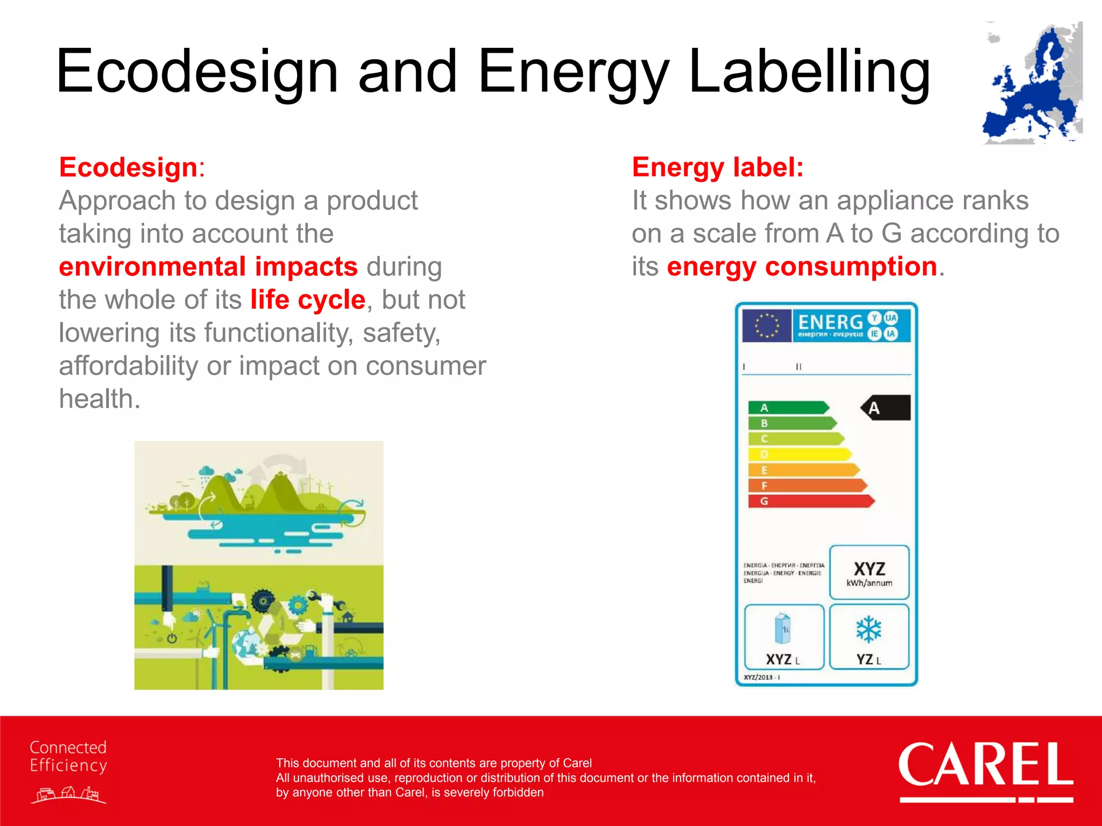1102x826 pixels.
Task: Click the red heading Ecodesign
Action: tap(128, 167)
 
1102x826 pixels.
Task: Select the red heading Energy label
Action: tap(717, 167)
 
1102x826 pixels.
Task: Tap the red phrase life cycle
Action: tap(307, 300)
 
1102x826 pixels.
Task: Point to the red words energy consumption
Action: tap(802, 267)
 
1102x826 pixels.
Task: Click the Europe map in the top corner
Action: tap(1032, 83)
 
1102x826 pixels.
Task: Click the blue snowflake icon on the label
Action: tap(868, 629)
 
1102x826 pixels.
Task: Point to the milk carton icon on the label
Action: tap(783, 629)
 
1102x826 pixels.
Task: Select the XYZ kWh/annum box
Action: tap(869, 573)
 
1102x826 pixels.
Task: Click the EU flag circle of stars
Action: tap(766, 325)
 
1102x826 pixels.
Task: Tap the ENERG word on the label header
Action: tap(830, 322)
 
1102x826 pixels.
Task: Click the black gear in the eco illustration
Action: tap(263, 600)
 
